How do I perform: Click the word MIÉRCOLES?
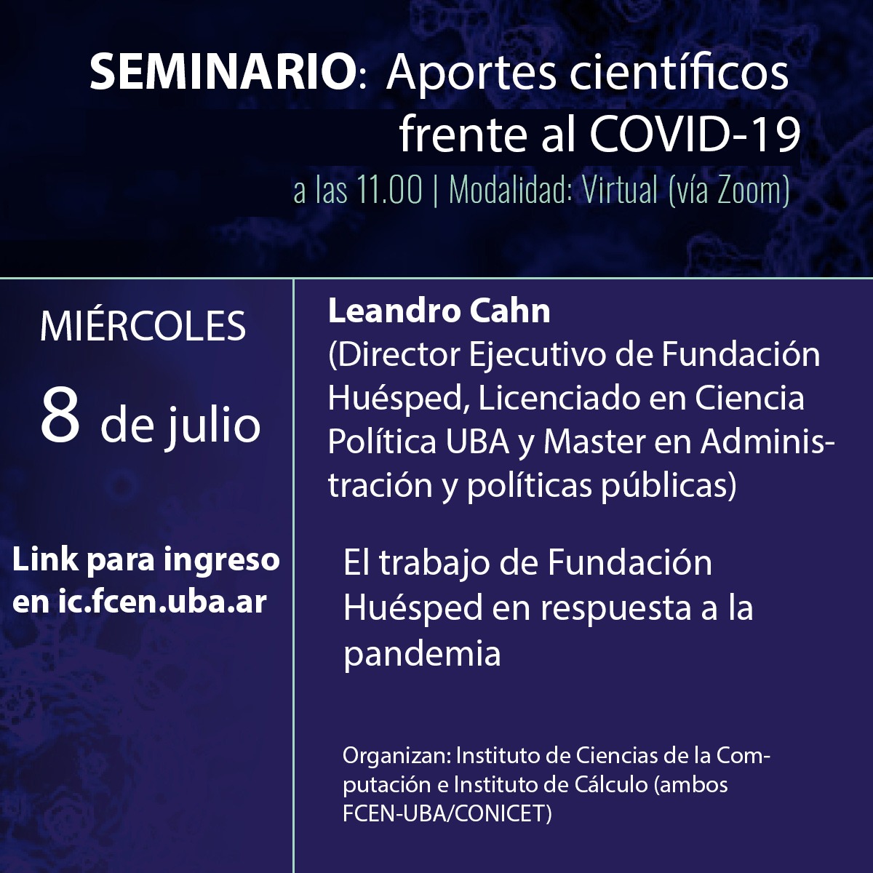click(143, 326)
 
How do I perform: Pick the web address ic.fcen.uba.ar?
click(162, 602)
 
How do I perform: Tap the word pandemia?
click(422, 654)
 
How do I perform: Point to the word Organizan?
click(397, 757)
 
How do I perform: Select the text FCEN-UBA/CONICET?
click(447, 814)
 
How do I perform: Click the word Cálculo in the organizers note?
click(611, 785)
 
